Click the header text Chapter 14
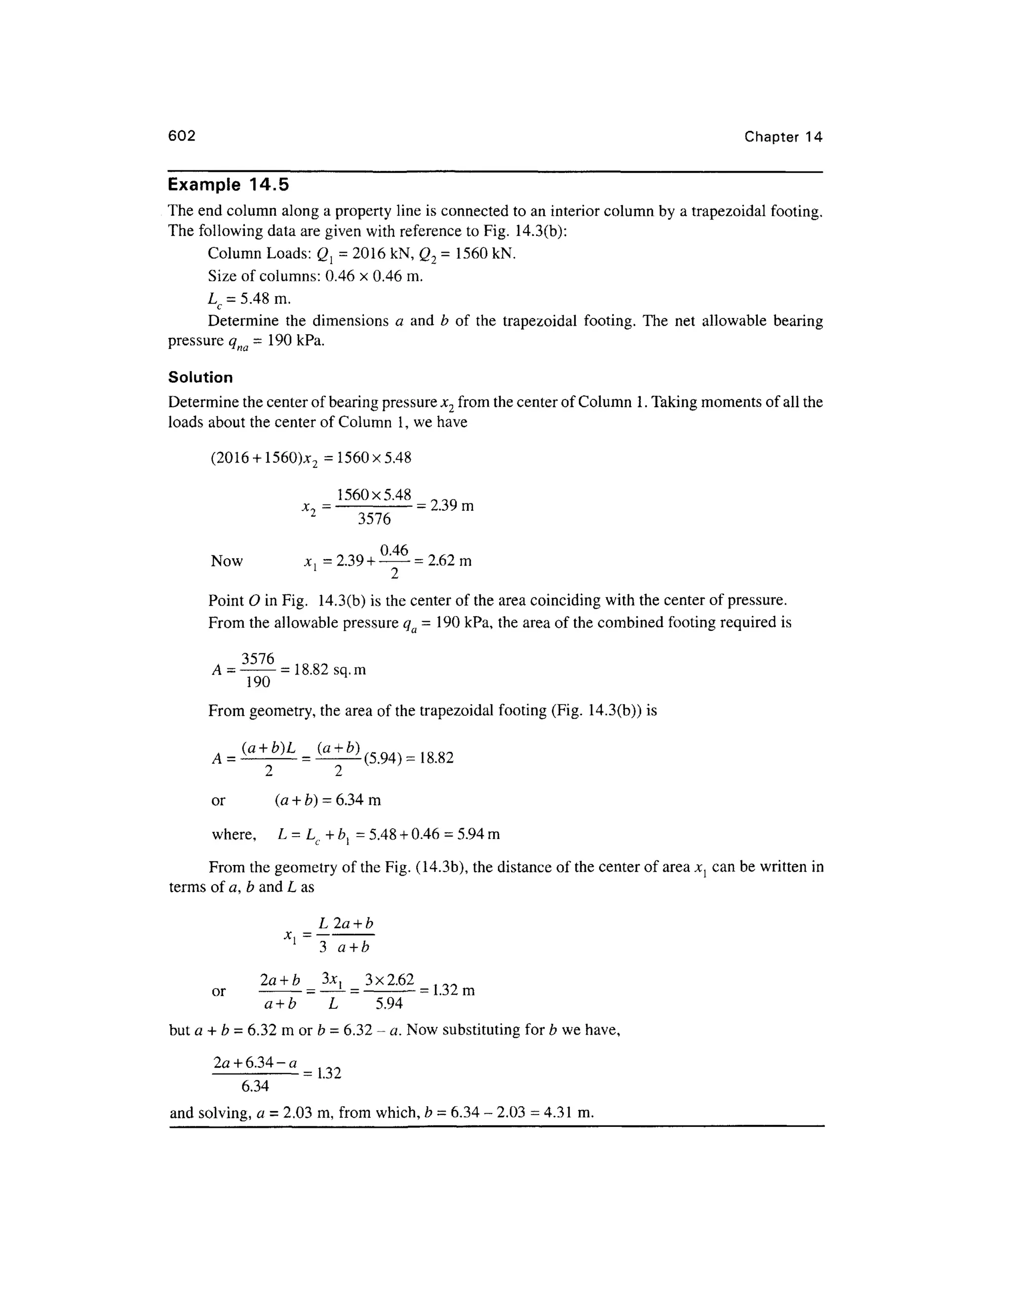click(x=783, y=137)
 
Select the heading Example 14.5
click(x=228, y=185)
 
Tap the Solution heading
click(x=200, y=377)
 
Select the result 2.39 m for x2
click(x=452, y=505)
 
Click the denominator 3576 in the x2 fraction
click(x=374, y=519)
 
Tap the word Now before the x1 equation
click(x=227, y=561)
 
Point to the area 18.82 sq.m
click(x=329, y=670)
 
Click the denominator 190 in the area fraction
click(x=258, y=682)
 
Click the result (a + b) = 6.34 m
click(x=328, y=800)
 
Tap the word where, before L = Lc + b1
click(x=234, y=834)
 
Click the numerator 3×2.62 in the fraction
click(x=389, y=980)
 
